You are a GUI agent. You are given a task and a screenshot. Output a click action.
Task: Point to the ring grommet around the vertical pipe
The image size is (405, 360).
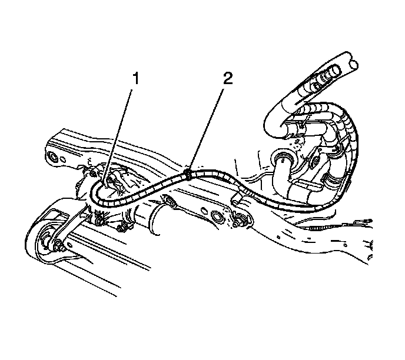pos(283,158)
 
